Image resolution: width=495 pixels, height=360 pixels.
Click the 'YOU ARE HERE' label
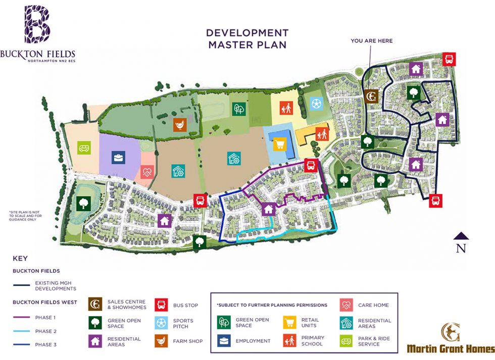tap(371, 41)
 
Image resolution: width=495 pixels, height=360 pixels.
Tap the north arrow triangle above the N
tap(461, 235)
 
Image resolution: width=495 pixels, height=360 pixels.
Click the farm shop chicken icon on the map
tap(180, 124)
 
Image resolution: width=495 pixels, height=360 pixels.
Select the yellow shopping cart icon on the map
tap(279, 145)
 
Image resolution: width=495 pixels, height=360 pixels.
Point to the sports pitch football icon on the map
tap(316, 104)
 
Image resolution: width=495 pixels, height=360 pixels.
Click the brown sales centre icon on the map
tap(371, 96)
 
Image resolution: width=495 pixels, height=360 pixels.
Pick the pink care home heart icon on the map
tap(147, 172)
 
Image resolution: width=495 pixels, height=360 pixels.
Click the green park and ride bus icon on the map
tap(84, 148)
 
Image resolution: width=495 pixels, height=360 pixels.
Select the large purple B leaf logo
tap(37, 24)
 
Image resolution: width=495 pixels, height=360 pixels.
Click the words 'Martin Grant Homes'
tap(451, 349)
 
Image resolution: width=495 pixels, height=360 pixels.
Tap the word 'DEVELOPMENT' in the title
tap(247, 33)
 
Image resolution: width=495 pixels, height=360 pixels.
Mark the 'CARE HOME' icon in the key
tap(346, 305)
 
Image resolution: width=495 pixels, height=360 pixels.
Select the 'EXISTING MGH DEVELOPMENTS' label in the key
tap(56, 286)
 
